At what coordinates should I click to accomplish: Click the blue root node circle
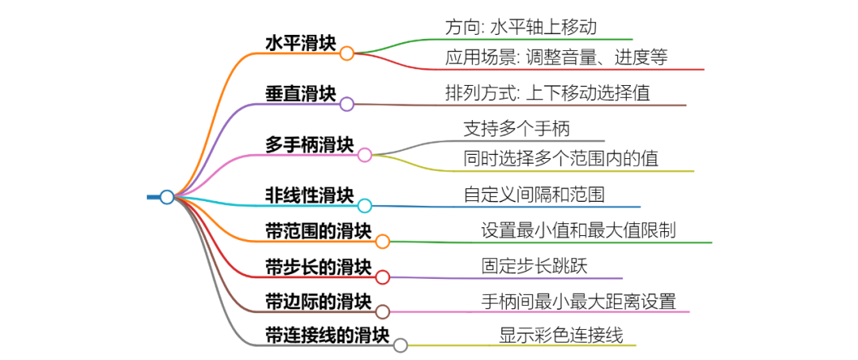[167, 197]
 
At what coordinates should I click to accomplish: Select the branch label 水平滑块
[300, 43]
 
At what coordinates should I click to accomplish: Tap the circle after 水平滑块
[346, 53]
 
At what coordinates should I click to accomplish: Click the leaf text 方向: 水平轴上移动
[520, 27]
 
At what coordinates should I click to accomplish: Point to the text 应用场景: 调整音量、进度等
[556, 57]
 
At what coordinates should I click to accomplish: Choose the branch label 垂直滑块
[300, 93]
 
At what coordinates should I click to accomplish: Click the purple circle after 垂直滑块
[346, 103]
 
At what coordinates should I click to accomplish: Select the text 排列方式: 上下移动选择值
[547, 93]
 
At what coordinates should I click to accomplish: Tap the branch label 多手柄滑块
[309, 144]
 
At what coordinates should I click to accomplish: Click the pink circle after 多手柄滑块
[365, 154]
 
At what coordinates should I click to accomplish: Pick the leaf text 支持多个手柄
[516, 128]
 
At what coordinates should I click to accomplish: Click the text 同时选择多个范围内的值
[561, 158]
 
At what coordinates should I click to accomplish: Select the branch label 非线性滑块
[309, 195]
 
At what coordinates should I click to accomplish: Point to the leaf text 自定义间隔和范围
[536, 195]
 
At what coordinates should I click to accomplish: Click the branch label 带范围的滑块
[318, 230]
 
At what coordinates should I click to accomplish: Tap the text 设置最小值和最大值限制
[578, 230]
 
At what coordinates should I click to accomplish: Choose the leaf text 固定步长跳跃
[534, 265]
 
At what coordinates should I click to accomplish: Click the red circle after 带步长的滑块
[382, 277]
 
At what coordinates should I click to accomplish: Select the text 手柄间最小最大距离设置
[578, 301]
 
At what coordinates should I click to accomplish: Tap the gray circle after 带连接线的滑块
[400, 345]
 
